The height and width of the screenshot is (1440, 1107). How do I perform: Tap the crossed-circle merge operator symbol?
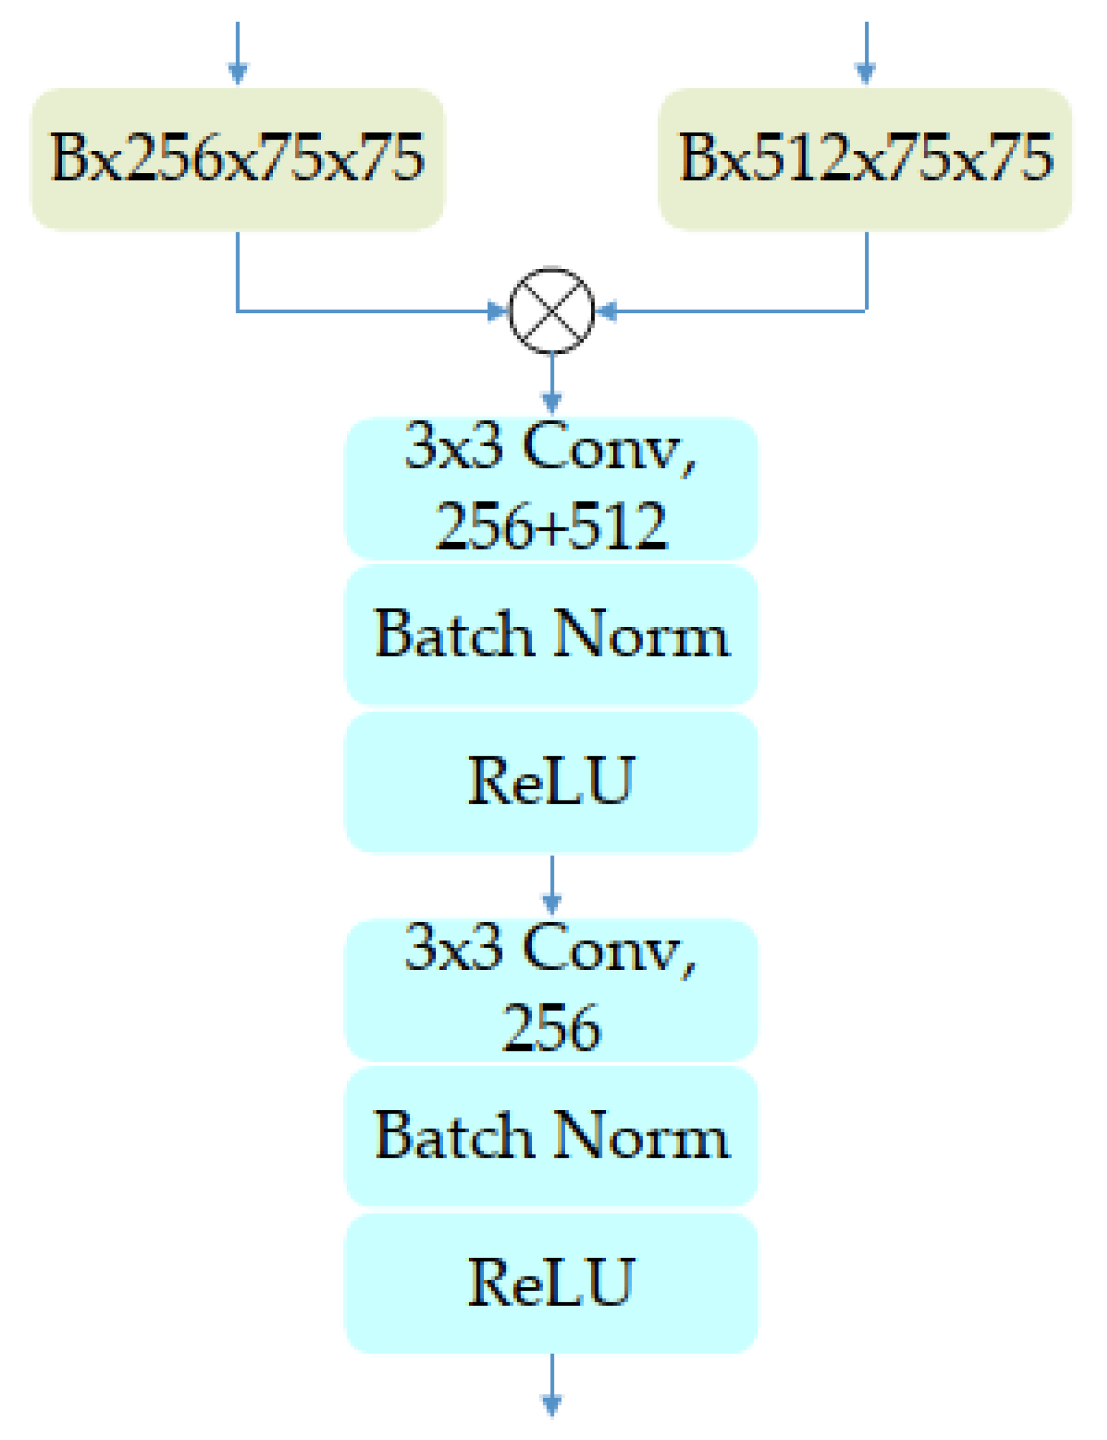tap(551, 310)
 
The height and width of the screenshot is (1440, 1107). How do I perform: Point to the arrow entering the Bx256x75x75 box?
tap(238, 53)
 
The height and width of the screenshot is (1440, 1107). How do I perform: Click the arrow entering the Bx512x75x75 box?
tap(865, 53)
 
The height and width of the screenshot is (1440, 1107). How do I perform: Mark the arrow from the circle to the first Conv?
tap(551, 384)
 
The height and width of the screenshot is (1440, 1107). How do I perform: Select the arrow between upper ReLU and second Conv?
tap(551, 885)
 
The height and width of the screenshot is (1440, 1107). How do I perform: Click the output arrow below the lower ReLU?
tap(551, 1385)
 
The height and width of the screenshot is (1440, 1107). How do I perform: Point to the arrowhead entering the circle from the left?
tap(498, 311)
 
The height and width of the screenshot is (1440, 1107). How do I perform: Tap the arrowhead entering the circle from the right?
tap(606, 311)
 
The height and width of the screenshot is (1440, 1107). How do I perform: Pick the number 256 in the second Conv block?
tap(551, 1028)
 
